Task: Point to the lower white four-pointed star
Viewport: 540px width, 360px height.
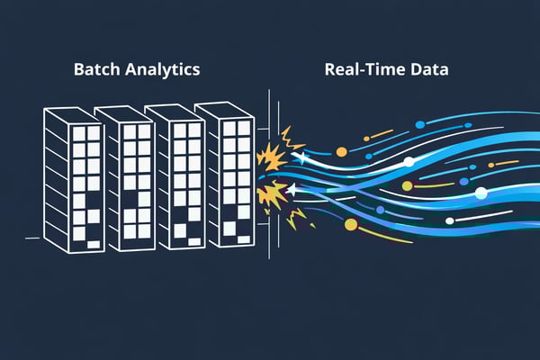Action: pyautogui.click(x=292, y=190)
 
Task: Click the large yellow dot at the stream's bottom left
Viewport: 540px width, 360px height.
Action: pyautogui.click(x=351, y=225)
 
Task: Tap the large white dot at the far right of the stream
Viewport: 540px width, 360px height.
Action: pyautogui.click(x=481, y=193)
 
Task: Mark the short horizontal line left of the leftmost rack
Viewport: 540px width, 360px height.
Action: pyautogui.click(x=32, y=238)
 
